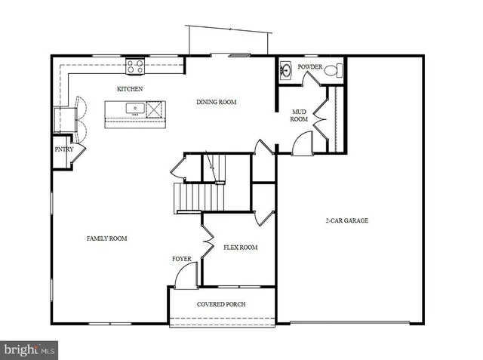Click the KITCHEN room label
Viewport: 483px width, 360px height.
[130, 89]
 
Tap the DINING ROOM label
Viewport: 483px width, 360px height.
[217, 102]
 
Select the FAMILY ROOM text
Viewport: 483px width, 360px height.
[106, 238]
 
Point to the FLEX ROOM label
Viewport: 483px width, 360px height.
[241, 248]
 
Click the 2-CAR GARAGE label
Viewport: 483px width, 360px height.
[347, 221]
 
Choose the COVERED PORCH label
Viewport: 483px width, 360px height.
[221, 304]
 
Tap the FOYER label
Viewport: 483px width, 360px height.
[182, 259]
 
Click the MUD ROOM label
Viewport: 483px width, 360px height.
[300, 115]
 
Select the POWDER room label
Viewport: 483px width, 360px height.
[309, 67]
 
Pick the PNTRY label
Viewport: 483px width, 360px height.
[63, 149]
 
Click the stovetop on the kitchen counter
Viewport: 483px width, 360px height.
[136, 66]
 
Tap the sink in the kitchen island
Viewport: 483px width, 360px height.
[136, 109]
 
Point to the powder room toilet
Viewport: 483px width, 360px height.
[337, 71]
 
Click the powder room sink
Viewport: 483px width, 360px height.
[286, 71]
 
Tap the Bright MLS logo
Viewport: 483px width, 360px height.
[29, 349]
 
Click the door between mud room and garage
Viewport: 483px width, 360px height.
[302, 143]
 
